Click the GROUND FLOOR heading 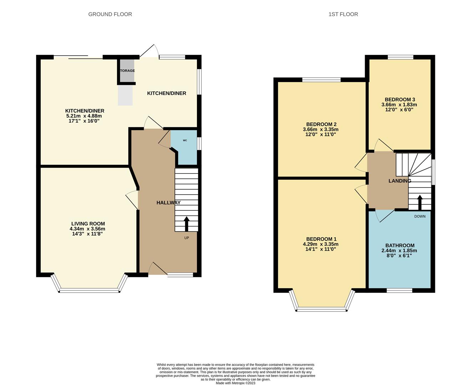pyautogui.click(x=110, y=14)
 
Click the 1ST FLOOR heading pyautogui.click(x=343, y=14)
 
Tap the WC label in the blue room pyautogui.click(x=185, y=140)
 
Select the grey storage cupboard pyautogui.click(x=127, y=71)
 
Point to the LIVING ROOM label pyautogui.click(x=88, y=224)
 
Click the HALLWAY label pyautogui.click(x=168, y=202)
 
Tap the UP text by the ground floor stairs pyautogui.click(x=187, y=238)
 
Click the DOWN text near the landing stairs pyautogui.click(x=420, y=216)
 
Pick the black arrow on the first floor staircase pyautogui.click(x=420, y=202)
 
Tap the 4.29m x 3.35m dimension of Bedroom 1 pyautogui.click(x=320, y=244)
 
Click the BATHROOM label pyautogui.click(x=400, y=246)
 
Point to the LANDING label pyautogui.click(x=400, y=181)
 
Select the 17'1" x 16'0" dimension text pyautogui.click(x=84, y=121)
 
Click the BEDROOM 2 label pyautogui.click(x=321, y=124)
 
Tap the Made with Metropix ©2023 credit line pyautogui.click(x=235, y=383)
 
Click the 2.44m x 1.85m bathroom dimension pyautogui.click(x=399, y=251)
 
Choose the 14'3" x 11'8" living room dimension pyautogui.click(x=87, y=234)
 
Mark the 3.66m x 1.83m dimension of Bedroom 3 pyautogui.click(x=399, y=105)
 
